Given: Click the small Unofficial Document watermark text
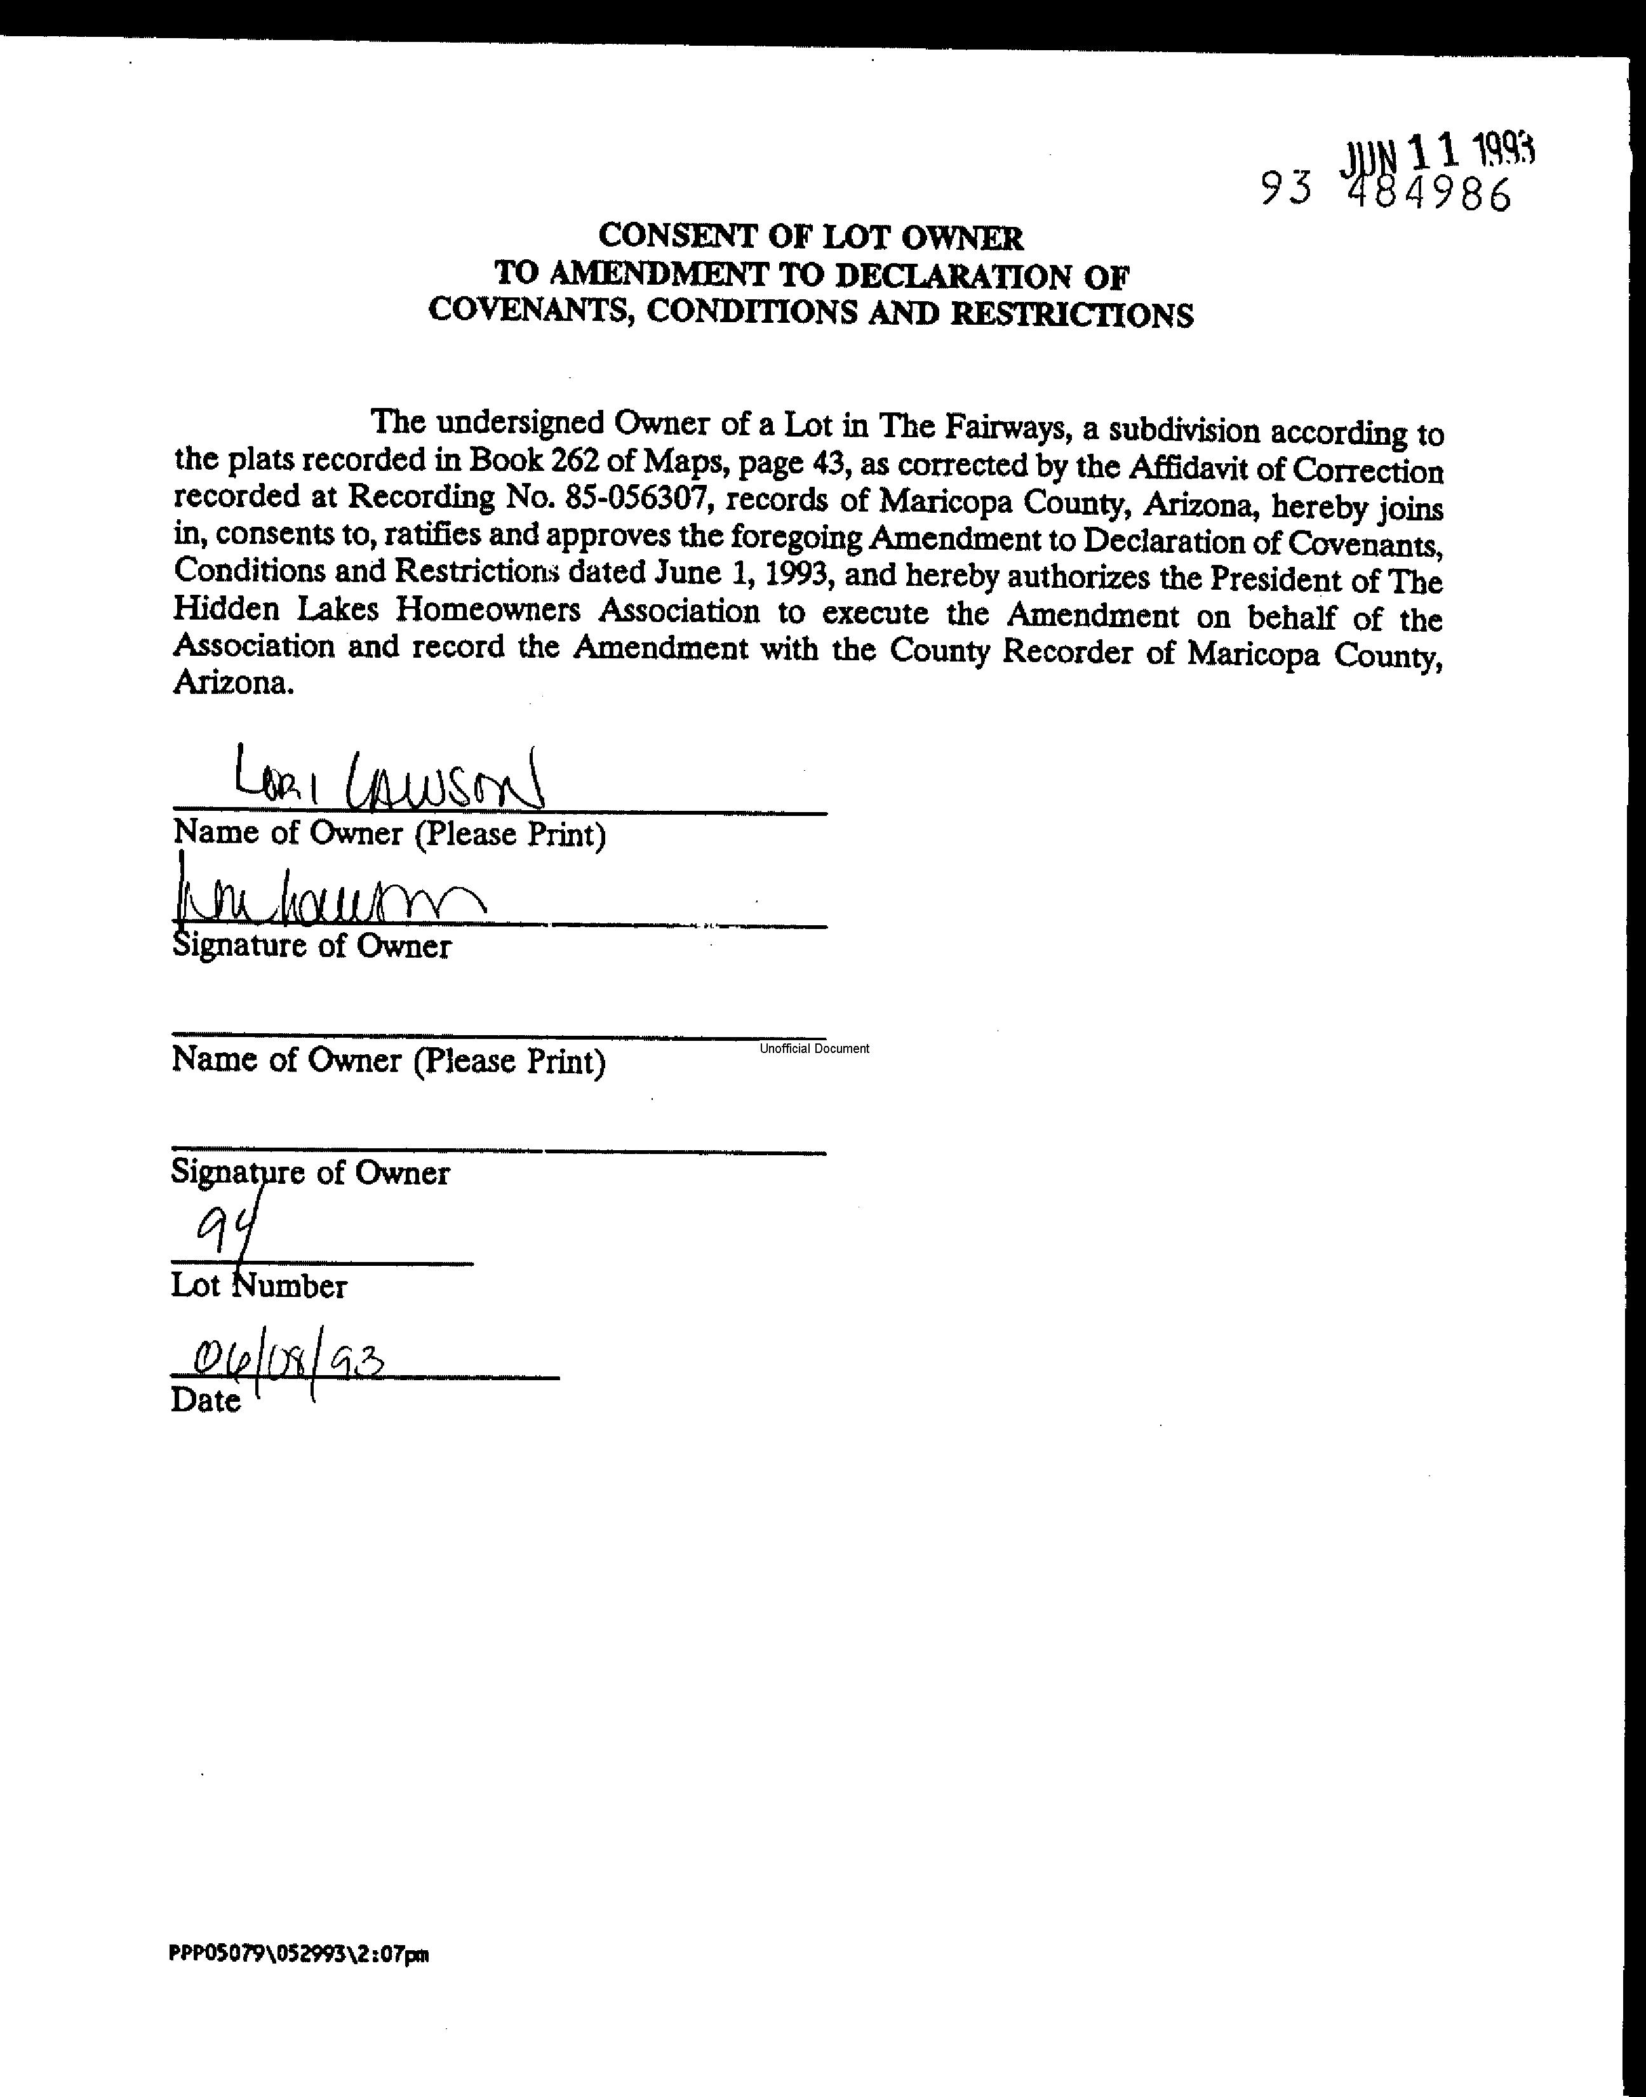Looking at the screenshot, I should click(x=813, y=1048).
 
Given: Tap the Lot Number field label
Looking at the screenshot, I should click(x=258, y=1285).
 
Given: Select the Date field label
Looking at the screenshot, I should click(x=205, y=1400).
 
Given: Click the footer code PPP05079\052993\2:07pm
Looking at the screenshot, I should click(x=298, y=1954).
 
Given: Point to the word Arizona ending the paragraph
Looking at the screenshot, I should click(x=231, y=684).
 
